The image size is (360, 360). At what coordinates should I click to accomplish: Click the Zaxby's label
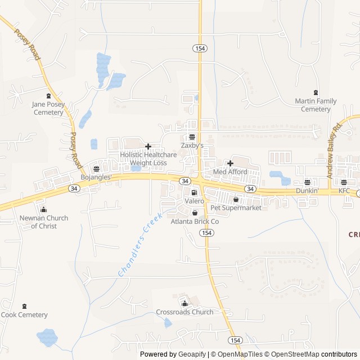click(x=192, y=145)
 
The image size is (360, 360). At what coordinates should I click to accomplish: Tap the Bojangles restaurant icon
click(x=96, y=168)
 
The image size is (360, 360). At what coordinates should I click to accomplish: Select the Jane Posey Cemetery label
click(x=48, y=109)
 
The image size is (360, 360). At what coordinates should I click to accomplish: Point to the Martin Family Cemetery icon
click(x=316, y=93)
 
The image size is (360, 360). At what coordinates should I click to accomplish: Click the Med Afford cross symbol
click(x=230, y=163)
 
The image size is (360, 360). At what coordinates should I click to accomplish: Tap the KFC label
click(x=344, y=191)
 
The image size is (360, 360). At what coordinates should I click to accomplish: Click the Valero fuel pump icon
click(x=194, y=192)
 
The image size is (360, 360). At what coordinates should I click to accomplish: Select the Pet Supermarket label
click(x=236, y=208)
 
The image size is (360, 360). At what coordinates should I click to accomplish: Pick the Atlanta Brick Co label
click(x=195, y=222)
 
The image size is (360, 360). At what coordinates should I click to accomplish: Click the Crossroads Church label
click(x=184, y=312)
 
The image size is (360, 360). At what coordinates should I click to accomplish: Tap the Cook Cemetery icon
click(x=24, y=307)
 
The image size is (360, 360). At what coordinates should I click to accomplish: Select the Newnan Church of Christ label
click(x=44, y=222)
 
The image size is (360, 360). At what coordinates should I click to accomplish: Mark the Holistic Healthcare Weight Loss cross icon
click(x=148, y=146)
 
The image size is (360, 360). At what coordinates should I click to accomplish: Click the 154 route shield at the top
click(x=199, y=48)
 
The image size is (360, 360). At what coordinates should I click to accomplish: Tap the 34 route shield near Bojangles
click(x=75, y=188)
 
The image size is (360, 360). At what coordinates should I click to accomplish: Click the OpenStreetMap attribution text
click(x=292, y=354)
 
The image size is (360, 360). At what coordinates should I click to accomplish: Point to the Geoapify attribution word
click(x=192, y=354)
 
